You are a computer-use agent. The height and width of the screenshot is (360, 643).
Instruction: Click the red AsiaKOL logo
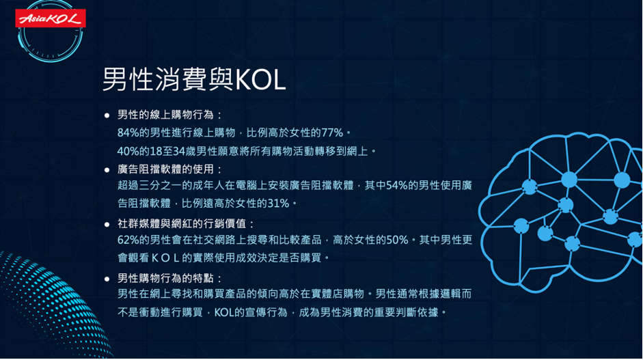tap(51, 18)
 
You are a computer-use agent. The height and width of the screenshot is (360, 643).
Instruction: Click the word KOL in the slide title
tap(260, 79)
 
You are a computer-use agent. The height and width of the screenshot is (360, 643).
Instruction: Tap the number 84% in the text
tap(128, 133)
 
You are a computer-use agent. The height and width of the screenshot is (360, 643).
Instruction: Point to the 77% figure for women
tap(332, 133)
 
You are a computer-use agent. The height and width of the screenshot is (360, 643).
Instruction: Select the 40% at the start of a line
tap(128, 151)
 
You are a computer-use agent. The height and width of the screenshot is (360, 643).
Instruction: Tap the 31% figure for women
tap(278, 204)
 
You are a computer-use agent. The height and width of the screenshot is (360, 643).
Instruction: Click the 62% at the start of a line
tap(128, 240)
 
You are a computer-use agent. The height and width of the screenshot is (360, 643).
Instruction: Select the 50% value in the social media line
tap(398, 240)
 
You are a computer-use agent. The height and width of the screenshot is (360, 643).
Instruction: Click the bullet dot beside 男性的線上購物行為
tap(107, 115)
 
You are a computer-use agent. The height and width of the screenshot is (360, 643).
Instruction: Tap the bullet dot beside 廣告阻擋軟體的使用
tap(107, 169)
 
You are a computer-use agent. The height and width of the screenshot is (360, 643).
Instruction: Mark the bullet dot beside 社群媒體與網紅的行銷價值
tap(107, 224)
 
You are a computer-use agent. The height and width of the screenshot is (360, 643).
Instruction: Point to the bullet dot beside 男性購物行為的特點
tap(107, 279)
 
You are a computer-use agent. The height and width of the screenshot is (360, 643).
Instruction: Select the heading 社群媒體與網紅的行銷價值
tap(182, 223)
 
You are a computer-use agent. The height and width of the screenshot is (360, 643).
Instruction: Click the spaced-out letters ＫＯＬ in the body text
tap(165, 258)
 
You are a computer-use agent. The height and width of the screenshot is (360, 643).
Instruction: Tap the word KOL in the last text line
tap(224, 312)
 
